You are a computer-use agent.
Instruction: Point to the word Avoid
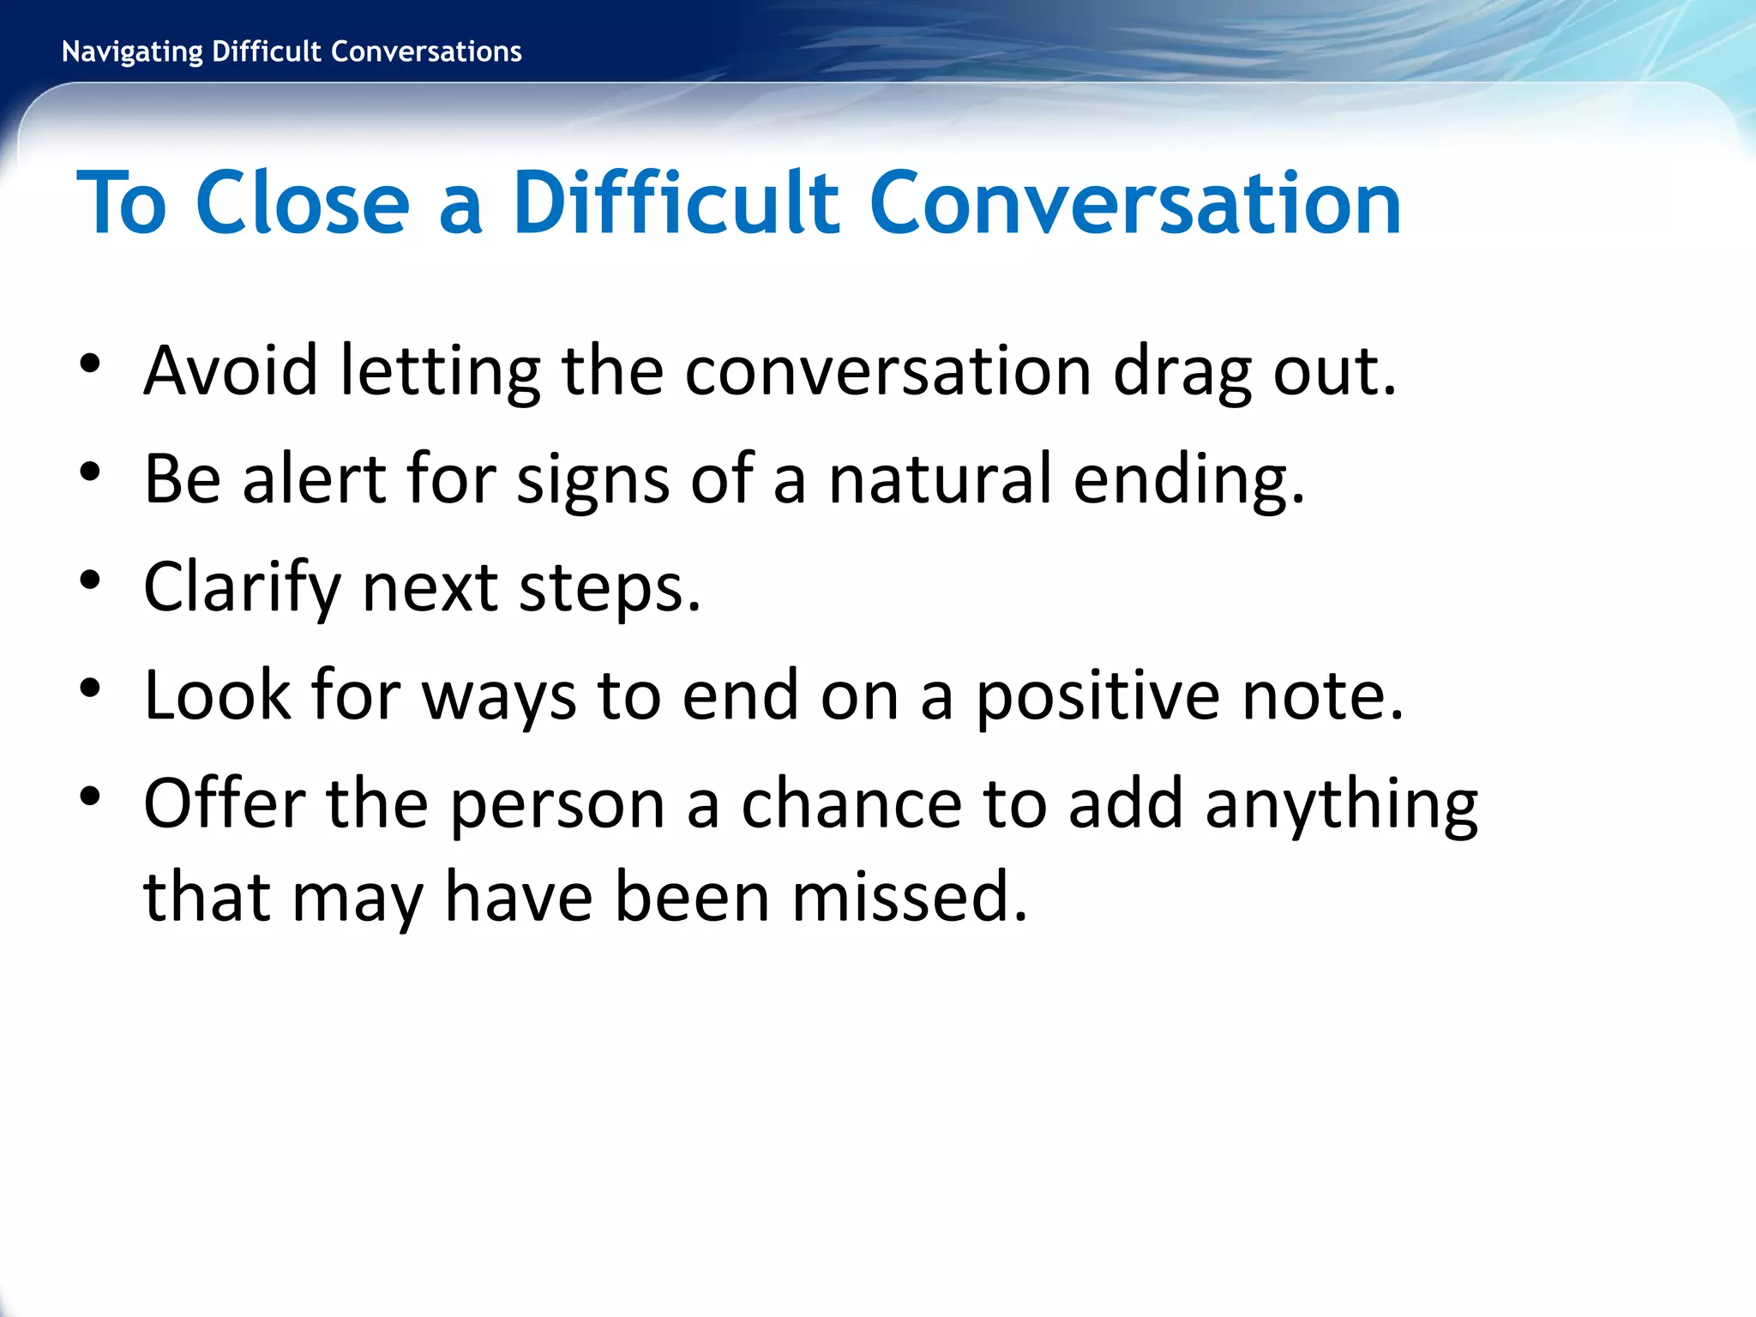click(x=231, y=370)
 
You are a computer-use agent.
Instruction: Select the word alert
click(x=313, y=478)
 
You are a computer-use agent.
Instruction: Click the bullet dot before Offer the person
click(x=90, y=797)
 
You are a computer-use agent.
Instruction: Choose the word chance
click(x=851, y=804)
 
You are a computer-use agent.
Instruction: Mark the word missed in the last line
click(x=909, y=897)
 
